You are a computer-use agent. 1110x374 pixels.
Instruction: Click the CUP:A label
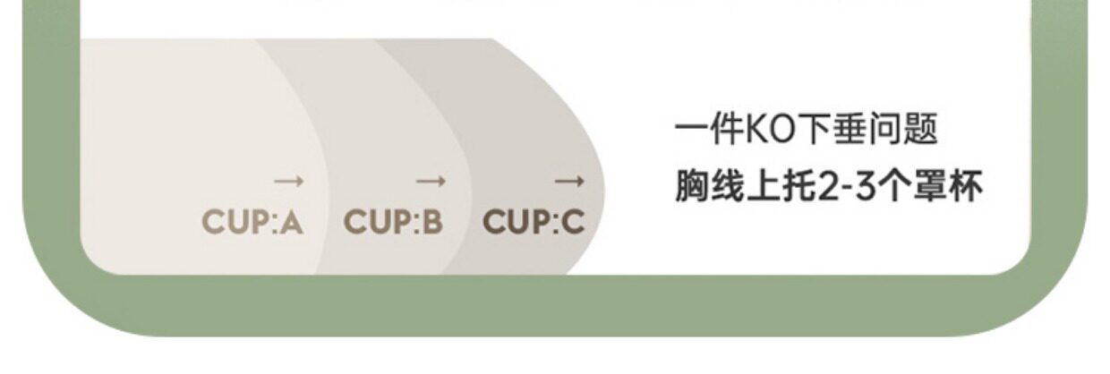coord(252,222)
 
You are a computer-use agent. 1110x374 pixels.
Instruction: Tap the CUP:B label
coord(393,222)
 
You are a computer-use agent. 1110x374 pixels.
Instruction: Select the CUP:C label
coord(534,222)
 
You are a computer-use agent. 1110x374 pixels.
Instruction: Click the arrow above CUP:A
coord(289,182)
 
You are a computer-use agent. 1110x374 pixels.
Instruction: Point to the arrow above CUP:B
coord(430,182)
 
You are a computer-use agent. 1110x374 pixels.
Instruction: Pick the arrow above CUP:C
coord(569,182)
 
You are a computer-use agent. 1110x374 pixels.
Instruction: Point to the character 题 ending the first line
coord(922,131)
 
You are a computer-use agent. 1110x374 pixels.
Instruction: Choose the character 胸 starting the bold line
coord(691,188)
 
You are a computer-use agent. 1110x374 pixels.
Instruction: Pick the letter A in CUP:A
coord(291,222)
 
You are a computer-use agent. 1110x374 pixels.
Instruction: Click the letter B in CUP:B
coord(431,222)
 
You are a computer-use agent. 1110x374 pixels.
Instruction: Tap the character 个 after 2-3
coord(898,188)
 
